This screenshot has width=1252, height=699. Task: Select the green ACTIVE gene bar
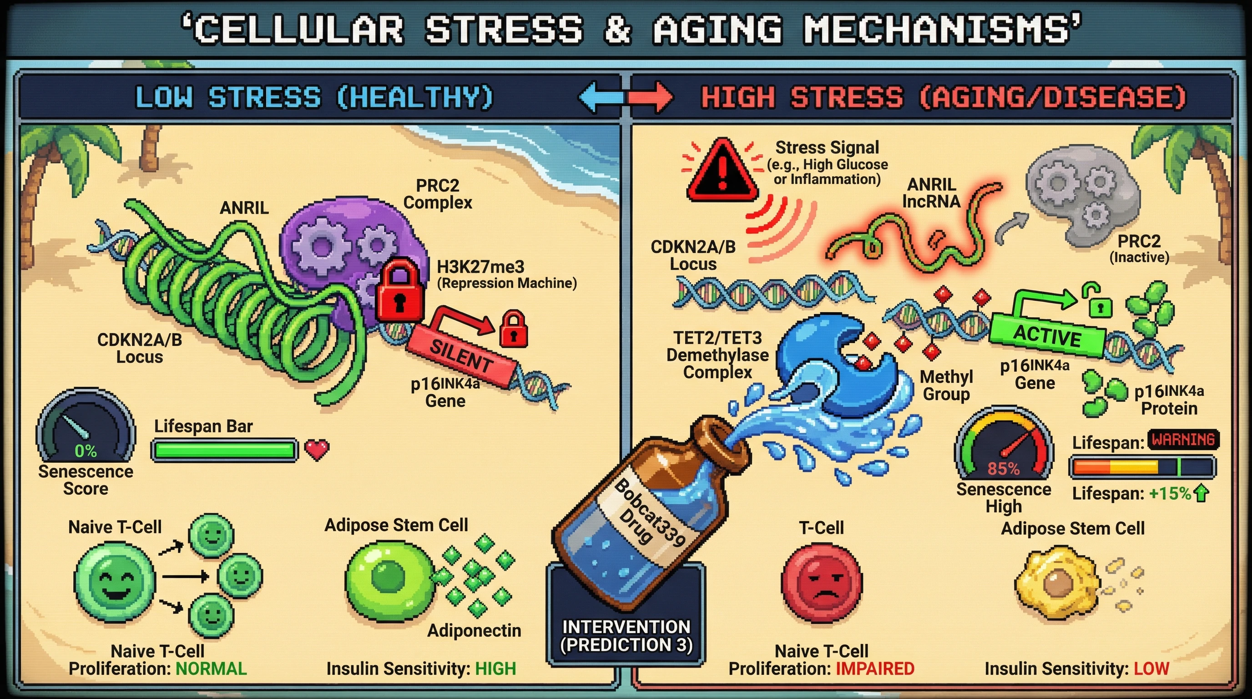(x=1048, y=336)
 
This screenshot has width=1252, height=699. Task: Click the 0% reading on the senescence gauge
(x=86, y=451)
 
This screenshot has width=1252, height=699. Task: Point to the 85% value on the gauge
(x=1003, y=469)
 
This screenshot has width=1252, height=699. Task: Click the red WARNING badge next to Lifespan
(x=1183, y=440)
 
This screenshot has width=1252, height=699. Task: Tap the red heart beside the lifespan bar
(x=317, y=449)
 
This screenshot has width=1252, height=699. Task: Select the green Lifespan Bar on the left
(x=225, y=450)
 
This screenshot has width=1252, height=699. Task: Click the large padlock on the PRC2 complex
(x=399, y=292)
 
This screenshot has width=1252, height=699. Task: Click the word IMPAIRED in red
(x=875, y=669)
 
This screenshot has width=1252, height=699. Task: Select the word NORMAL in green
(x=211, y=669)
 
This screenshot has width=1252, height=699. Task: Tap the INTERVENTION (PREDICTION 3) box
(x=626, y=636)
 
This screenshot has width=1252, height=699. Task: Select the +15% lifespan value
(x=1169, y=494)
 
